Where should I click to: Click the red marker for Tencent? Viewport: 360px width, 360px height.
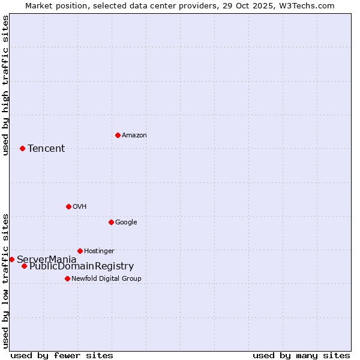[x=22, y=148]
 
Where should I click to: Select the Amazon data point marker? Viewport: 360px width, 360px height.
[x=118, y=135]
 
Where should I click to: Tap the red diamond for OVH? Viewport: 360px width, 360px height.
[x=68, y=206]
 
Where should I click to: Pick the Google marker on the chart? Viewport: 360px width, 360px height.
[x=111, y=222]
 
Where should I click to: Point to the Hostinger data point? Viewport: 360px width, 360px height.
[x=80, y=251]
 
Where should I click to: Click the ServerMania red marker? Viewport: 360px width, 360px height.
[x=11, y=259]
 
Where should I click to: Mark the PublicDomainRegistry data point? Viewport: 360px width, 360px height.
[x=24, y=266]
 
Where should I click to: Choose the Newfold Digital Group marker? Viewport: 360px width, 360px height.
[x=67, y=278]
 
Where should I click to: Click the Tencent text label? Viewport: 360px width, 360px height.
[x=46, y=149]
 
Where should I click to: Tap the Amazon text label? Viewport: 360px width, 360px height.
[x=134, y=136]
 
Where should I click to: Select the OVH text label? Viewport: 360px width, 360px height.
[x=80, y=207]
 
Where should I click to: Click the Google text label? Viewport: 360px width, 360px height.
[x=126, y=223]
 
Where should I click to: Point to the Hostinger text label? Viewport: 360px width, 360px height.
[x=99, y=251]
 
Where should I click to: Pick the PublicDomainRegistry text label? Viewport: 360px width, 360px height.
[x=82, y=266]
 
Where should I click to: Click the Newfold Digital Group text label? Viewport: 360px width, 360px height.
[x=106, y=279]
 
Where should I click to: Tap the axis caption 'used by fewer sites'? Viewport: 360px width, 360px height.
[x=62, y=355]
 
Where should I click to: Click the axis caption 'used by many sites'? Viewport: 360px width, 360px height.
[x=301, y=355]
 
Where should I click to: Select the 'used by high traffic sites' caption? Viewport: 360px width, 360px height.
[x=6, y=86]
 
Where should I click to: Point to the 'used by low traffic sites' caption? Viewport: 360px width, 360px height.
[x=6, y=280]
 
